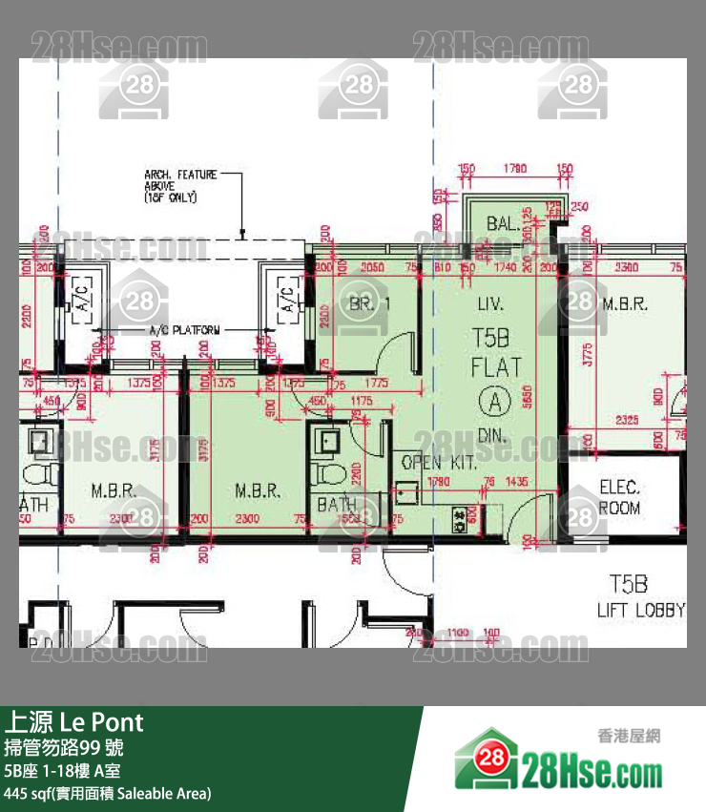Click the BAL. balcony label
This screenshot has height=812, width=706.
[502, 225]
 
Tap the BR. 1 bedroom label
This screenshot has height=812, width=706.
[370, 304]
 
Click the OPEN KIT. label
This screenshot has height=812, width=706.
[438, 463]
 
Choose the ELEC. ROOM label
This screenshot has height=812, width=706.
[619, 497]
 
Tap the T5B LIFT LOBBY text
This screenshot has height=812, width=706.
[640, 596]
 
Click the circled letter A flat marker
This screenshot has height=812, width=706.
[495, 402]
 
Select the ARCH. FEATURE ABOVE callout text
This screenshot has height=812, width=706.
[180, 186]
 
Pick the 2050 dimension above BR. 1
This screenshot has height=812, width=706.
[373, 268]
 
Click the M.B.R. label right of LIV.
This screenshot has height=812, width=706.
[625, 304]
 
